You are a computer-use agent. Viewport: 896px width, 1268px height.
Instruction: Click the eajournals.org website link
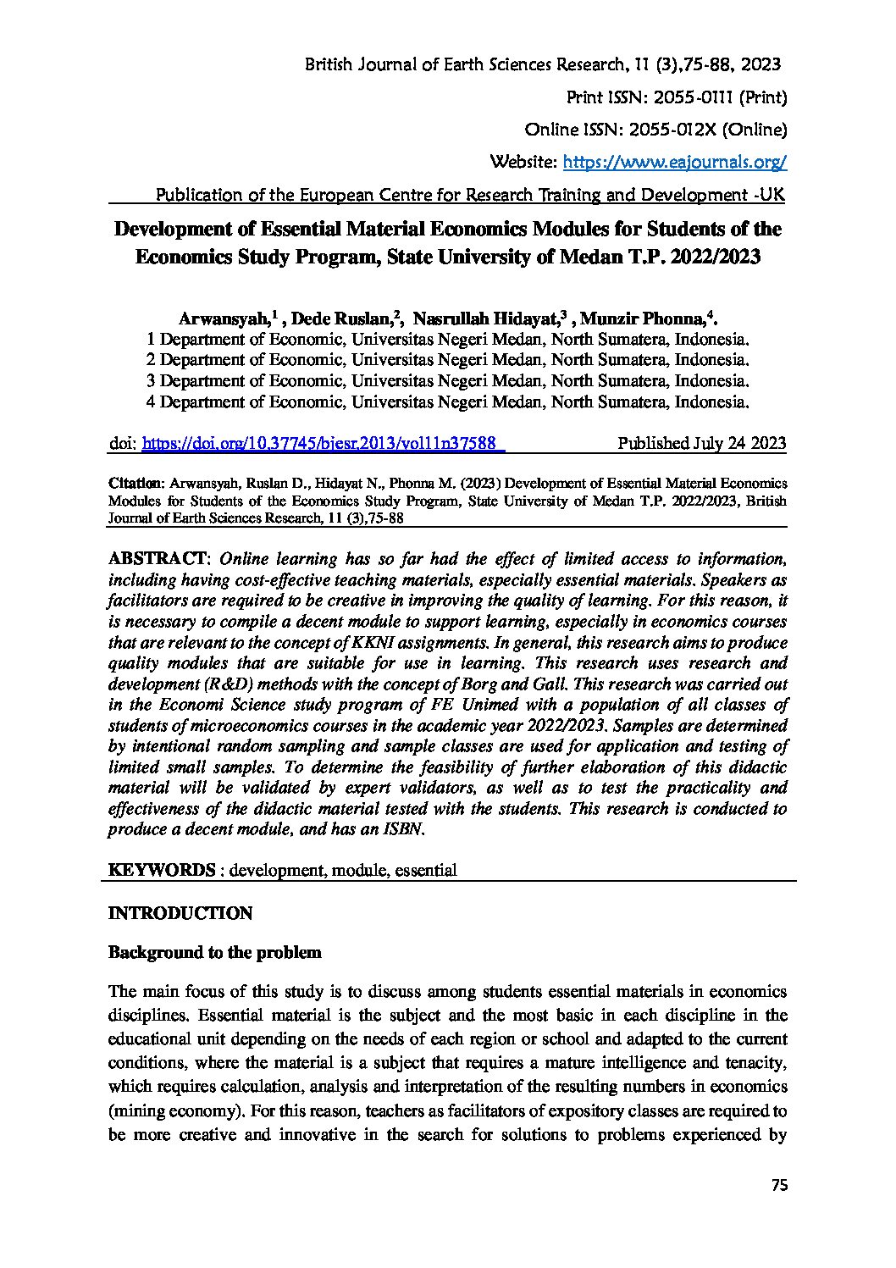pyautogui.click(x=675, y=162)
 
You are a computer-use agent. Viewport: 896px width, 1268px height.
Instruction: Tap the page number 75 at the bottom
pyautogui.click(x=780, y=1186)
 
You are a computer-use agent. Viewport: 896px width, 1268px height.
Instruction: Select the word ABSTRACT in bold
pyautogui.click(x=158, y=559)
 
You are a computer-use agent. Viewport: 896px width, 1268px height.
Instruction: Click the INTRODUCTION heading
pyautogui.click(x=180, y=913)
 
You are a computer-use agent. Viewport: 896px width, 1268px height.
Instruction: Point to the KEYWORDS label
pyautogui.click(x=162, y=870)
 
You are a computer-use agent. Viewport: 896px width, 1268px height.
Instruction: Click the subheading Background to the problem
pyautogui.click(x=215, y=952)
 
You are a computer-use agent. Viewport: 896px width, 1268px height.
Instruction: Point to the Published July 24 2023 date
pyautogui.click(x=702, y=443)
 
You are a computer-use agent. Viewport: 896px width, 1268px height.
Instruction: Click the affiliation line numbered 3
pyautogui.click(x=447, y=380)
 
